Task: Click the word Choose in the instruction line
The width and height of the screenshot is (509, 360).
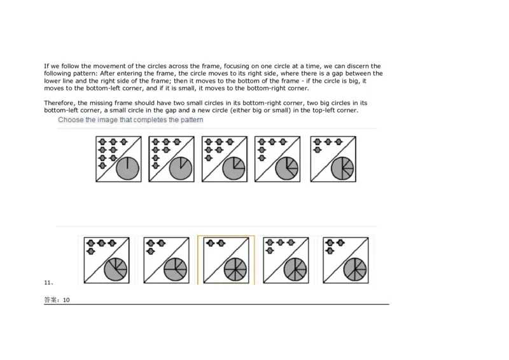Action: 70,120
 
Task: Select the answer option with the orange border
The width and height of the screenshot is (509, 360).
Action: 226,260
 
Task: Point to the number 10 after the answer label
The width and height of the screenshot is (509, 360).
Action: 66,300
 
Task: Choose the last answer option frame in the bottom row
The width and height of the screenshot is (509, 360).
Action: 345,260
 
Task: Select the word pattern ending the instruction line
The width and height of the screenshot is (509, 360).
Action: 191,120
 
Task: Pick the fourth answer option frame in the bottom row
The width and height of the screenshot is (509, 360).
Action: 286,260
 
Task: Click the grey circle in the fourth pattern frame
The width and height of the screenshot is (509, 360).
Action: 288,169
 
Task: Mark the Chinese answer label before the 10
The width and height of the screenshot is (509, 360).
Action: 52,300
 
